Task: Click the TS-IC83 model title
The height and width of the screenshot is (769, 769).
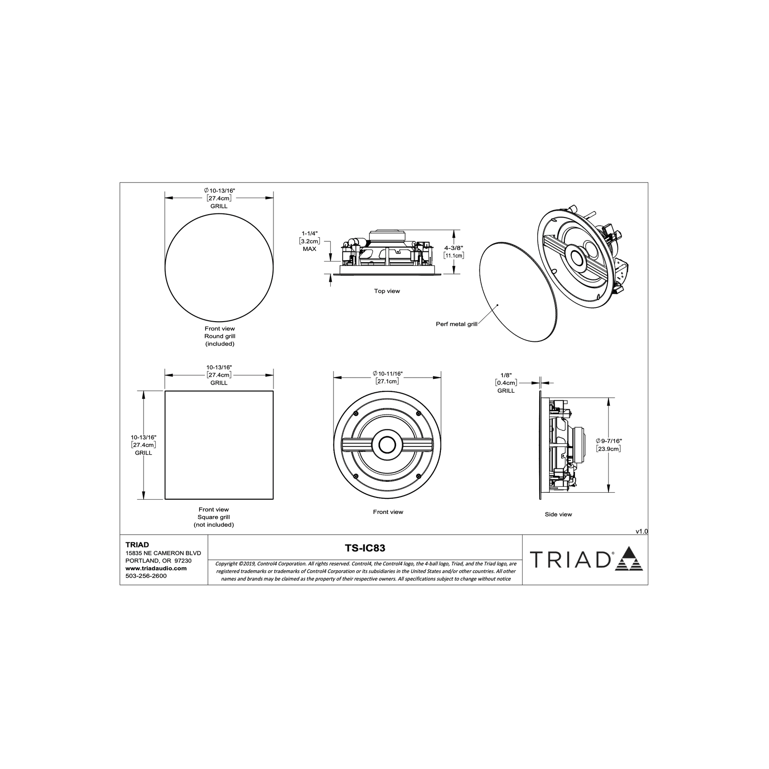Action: (x=365, y=548)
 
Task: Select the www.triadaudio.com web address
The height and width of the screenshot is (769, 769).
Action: (x=156, y=568)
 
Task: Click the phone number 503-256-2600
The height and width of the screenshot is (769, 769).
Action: (x=146, y=576)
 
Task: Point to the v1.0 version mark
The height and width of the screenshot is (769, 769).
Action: (x=641, y=531)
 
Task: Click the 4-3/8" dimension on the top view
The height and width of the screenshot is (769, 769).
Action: (x=454, y=247)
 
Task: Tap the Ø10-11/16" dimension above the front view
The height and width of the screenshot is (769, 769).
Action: (x=388, y=374)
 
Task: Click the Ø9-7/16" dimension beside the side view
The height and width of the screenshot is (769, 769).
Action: (x=608, y=440)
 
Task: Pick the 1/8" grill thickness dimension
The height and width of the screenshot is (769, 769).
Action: (x=506, y=375)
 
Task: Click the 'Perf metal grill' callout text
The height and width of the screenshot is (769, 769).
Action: (x=456, y=324)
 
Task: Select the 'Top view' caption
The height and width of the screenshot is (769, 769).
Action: (x=387, y=291)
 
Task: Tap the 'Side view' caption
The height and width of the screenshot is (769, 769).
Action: (x=558, y=514)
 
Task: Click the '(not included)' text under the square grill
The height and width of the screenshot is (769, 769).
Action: (x=213, y=524)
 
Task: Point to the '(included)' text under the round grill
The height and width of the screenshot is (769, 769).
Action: (x=219, y=344)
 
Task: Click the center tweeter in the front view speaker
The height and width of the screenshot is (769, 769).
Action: (x=387, y=445)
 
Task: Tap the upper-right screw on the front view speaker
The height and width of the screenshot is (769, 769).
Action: (x=418, y=413)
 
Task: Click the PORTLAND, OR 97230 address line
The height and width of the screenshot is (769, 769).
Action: (x=158, y=561)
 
